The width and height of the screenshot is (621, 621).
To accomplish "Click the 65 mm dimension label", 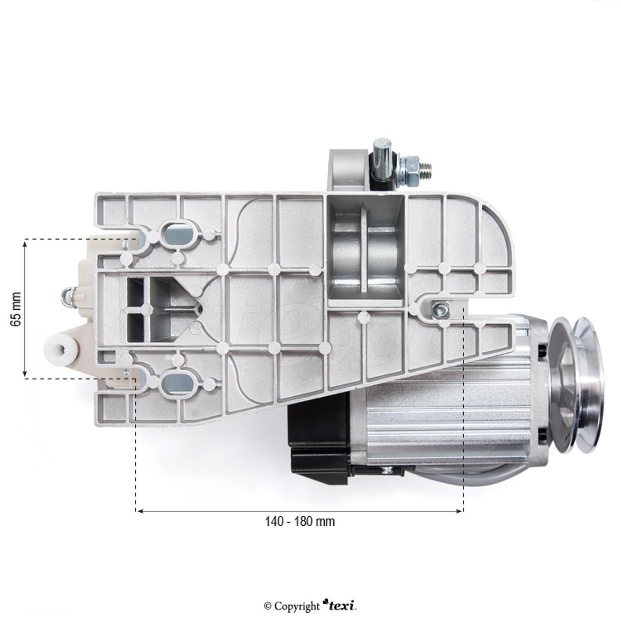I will pyautogui.click(x=16, y=309).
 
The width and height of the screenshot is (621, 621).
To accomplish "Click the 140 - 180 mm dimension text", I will pyautogui.click(x=300, y=521).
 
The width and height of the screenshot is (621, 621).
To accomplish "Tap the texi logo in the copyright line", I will pyautogui.click(x=341, y=605).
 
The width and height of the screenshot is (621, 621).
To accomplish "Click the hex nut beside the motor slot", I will pyautogui.click(x=441, y=308).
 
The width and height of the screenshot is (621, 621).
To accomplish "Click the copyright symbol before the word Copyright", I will pyautogui.click(x=268, y=606).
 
